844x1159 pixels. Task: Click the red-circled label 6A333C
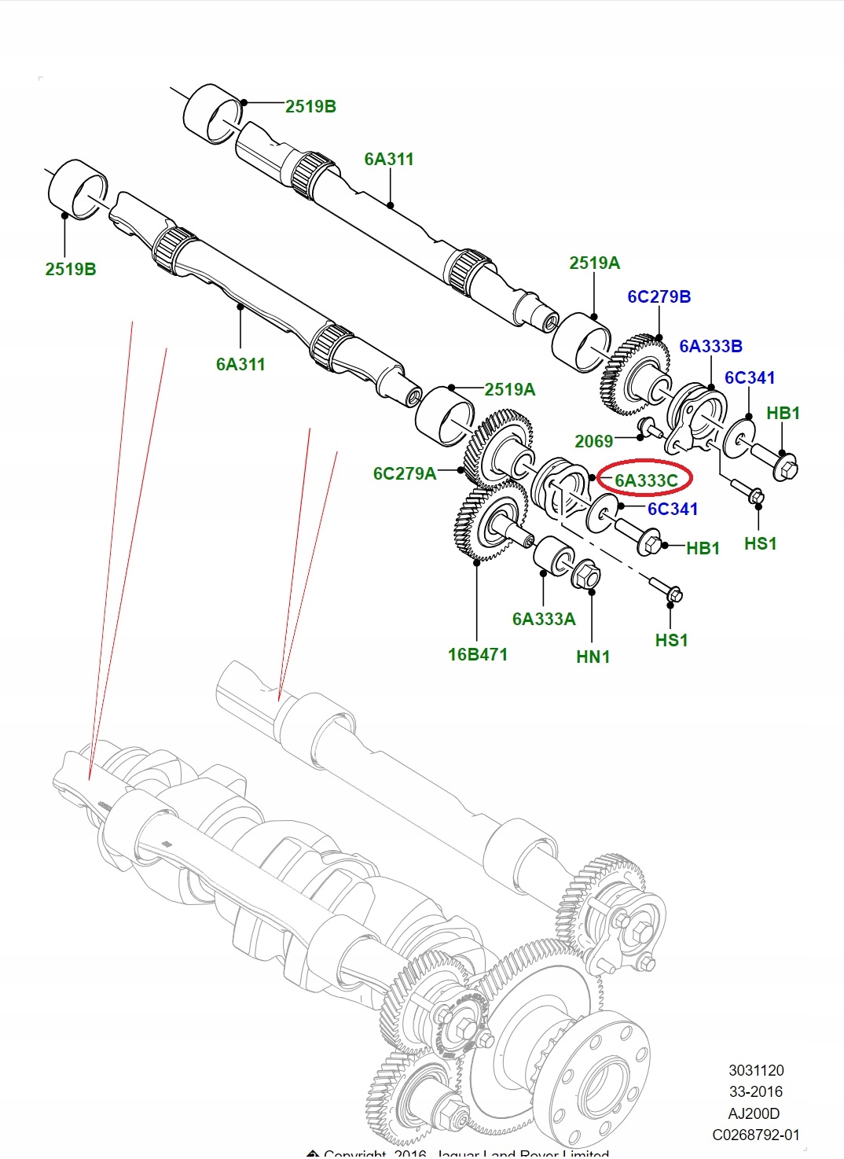[x=645, y=480]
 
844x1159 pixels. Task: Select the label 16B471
[x=477, y=654]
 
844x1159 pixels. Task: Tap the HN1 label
[x=593, y=657]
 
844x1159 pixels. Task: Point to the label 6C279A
[x=404, y=473]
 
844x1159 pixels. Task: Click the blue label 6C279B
[x=659, y=296]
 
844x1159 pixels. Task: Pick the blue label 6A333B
[x=710, y=346]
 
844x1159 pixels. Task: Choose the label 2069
[x=593, y=442]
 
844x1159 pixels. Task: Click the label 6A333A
[x=544, y=619]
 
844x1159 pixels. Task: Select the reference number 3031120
[x=756, y=1070]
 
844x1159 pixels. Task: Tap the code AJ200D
[x=754, y=1113]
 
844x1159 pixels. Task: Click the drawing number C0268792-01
[x=755, y=1135]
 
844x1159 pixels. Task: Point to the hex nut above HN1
[x=585, y=575]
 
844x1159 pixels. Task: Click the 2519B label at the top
[x=310, y=106]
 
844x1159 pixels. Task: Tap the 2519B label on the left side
[x=71, y=269]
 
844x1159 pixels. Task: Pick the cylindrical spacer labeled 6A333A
[x=552, y=556]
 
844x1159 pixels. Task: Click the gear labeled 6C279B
[x=637, y=373]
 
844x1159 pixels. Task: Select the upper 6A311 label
[x=388, y=159]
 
